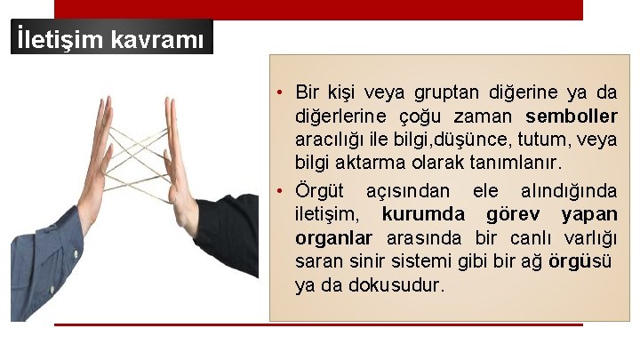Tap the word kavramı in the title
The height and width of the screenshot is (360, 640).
click(159, 40)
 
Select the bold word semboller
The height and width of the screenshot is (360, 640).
click(571, 116)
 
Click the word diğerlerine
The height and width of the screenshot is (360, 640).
click(341, 116)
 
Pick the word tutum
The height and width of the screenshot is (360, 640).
click(545, 140)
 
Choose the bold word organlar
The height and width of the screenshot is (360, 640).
click(333, 238)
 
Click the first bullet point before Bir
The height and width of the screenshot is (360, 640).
click(279, 93)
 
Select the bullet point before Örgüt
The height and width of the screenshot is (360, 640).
click(279, 191)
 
